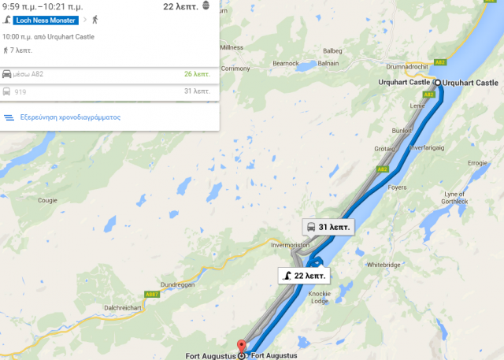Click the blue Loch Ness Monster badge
click(44, 19)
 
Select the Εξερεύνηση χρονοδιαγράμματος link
click(69, 117)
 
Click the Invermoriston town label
click(291, 245)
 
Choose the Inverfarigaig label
click(428, 145)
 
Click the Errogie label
click(478, 163)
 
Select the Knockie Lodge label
click(340, 296)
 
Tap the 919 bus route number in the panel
click(20, 91)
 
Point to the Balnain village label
click(328, 63)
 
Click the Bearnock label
click(285, 62)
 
